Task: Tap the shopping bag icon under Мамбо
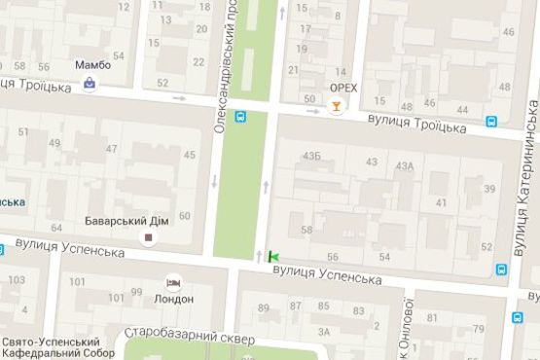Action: [x=90, y=84]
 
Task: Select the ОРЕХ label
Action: [x=343, y=88]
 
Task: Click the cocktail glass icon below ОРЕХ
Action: [x=337, y=106]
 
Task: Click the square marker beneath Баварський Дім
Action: [x=149, y=236]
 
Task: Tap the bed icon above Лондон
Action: [x=174, y=283]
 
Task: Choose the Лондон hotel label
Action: [x=174, y=299]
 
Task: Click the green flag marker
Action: [x=273, y=257]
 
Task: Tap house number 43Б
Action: [x=311, y=155]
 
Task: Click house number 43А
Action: [x=405, y=166]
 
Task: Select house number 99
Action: [x=136, y=291]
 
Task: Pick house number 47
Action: [x=111, y=149]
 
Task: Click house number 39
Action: [x=489, y=189]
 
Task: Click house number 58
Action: [x=307, y=230]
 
